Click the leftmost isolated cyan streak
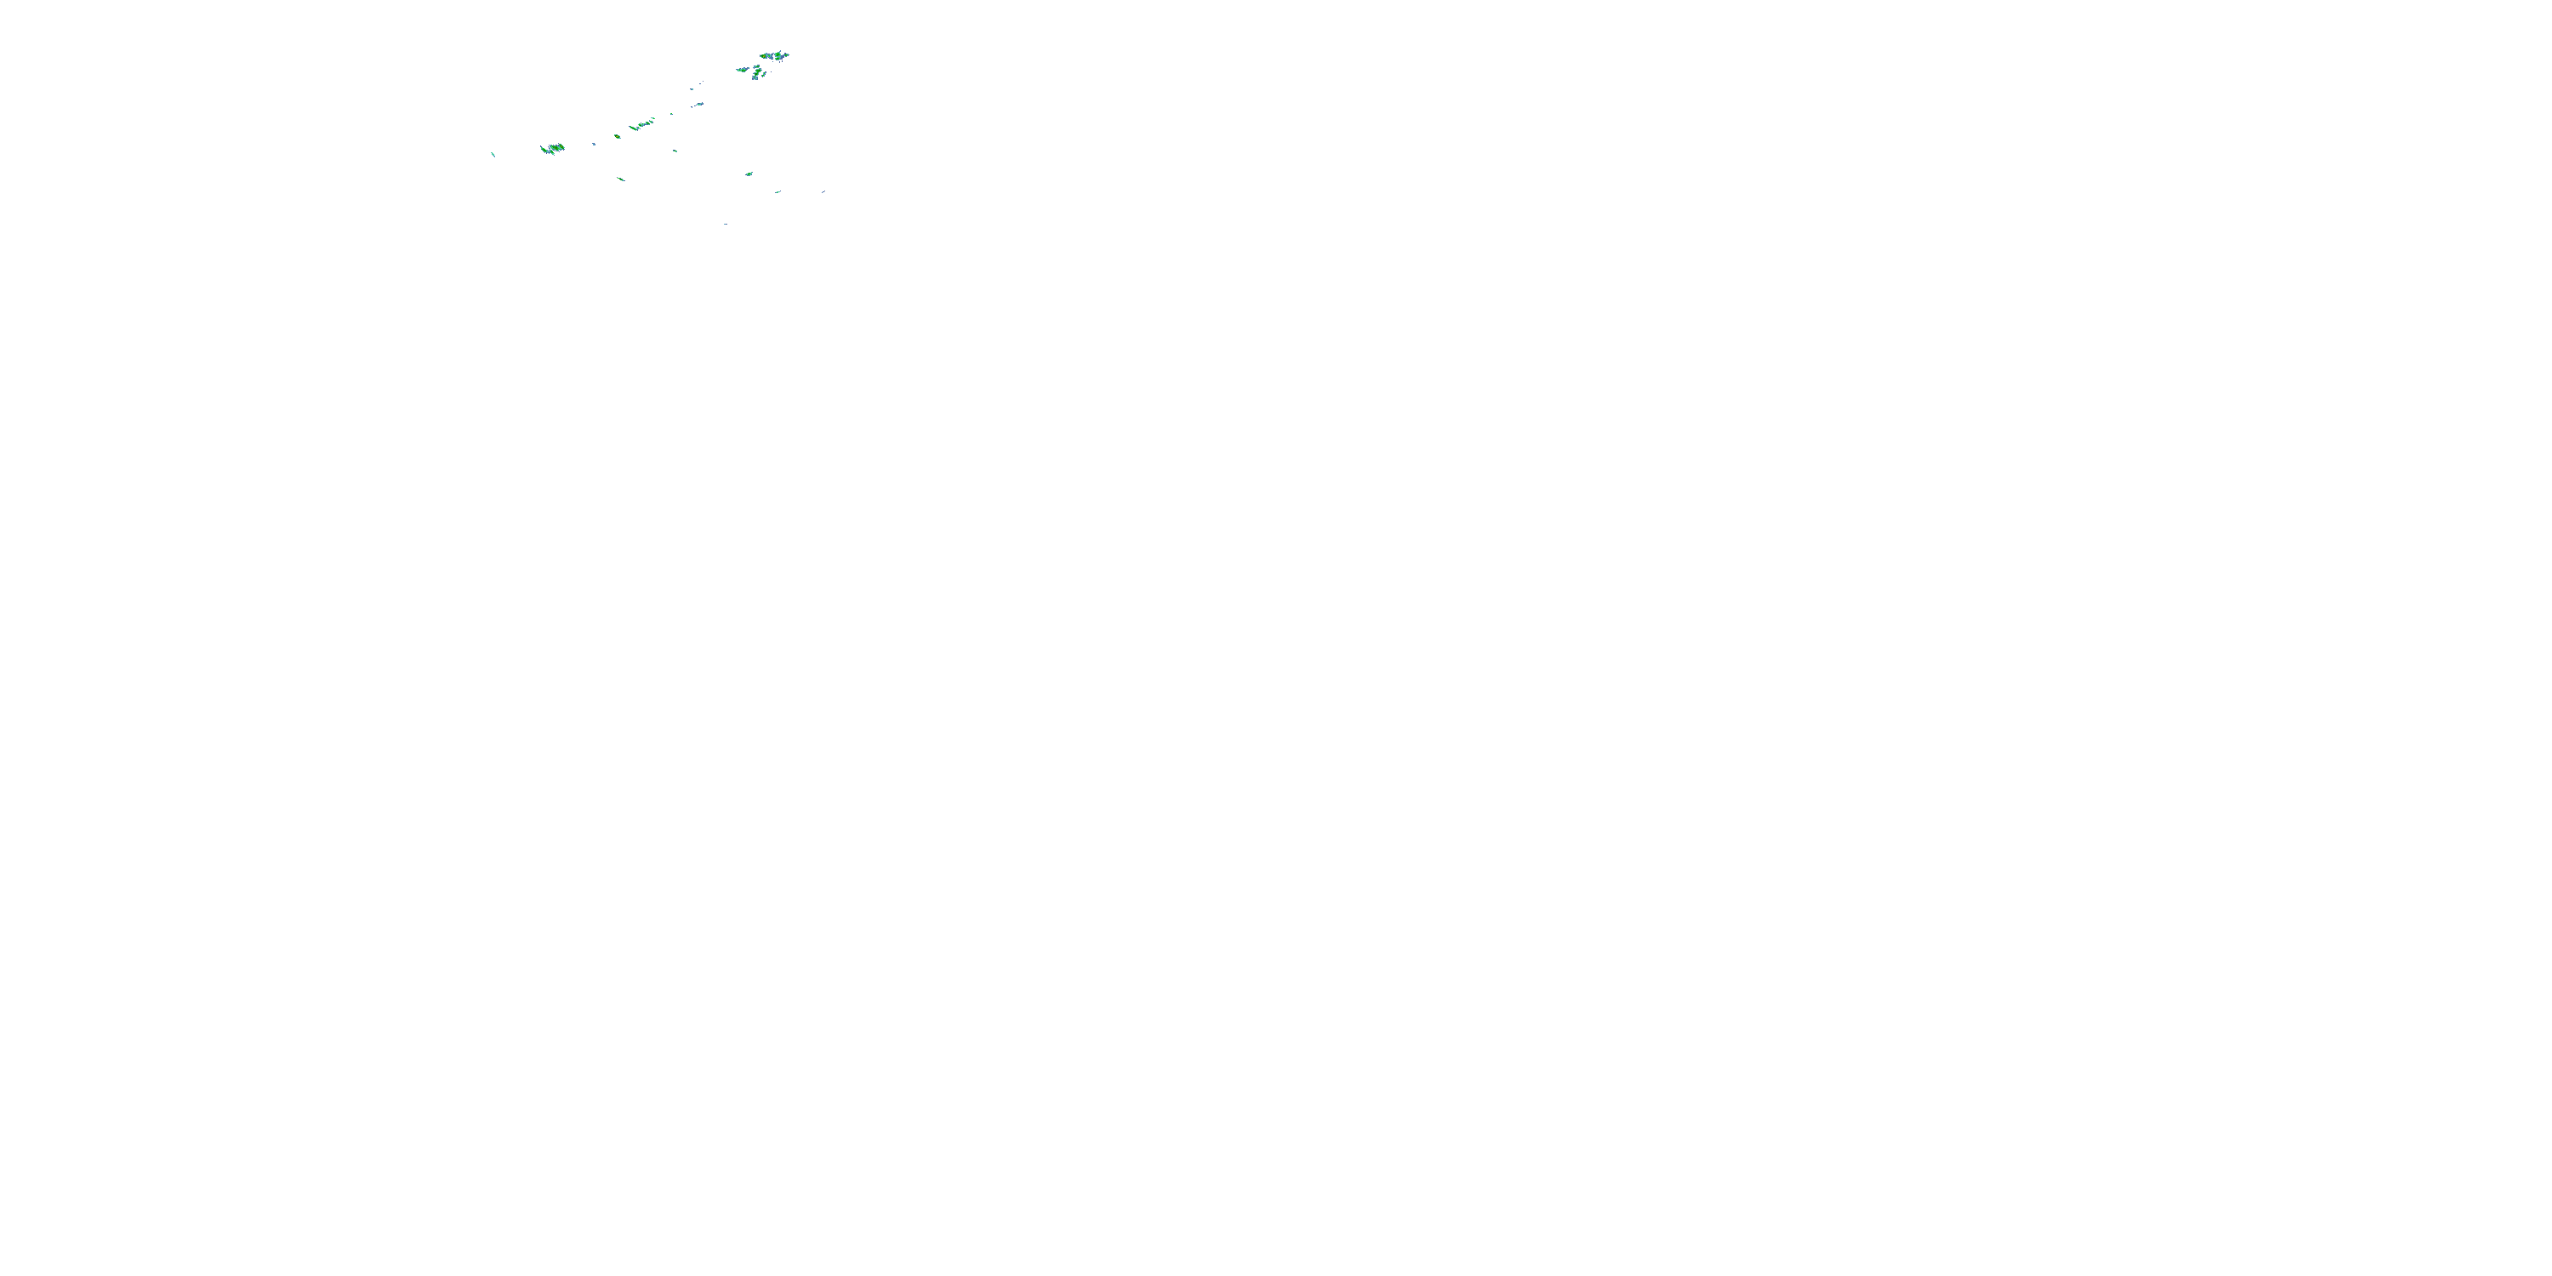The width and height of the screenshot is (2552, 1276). click(493, 154)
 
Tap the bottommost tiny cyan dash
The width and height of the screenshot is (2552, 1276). click(725, 224)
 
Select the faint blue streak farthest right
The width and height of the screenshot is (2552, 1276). click(823, 191)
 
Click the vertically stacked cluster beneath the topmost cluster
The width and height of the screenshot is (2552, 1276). click(757, 72)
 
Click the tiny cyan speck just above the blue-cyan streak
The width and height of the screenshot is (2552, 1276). click(692, 89)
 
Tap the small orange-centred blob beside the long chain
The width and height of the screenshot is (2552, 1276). click(618, 136)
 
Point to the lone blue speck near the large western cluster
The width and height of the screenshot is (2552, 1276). click(595, 144)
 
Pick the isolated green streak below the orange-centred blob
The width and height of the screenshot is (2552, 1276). click(620, 179)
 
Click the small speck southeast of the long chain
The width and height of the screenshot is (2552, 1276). click(675, 151)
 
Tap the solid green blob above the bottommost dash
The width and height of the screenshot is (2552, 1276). click(749, 174)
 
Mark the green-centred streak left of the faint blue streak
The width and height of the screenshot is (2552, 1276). click(778, 191)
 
